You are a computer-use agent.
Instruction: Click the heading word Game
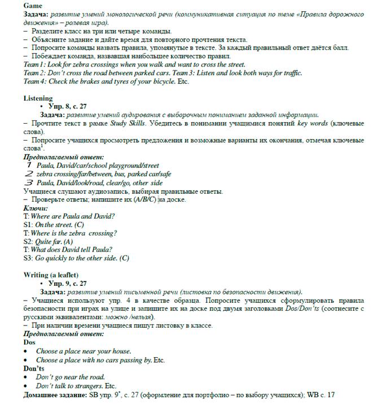(33, 5)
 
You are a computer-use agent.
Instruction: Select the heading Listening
(38, 98)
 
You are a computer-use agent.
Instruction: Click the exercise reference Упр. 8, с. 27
(68, 106)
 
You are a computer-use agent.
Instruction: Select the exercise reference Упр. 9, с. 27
(68, 283)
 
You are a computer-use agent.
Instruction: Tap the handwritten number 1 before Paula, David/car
(28, 165)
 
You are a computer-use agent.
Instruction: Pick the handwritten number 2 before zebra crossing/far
(28, 174)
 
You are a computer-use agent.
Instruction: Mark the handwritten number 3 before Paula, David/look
(28, 183)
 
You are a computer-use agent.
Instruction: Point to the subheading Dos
(29, 342)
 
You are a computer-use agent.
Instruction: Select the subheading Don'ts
(33, 368)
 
